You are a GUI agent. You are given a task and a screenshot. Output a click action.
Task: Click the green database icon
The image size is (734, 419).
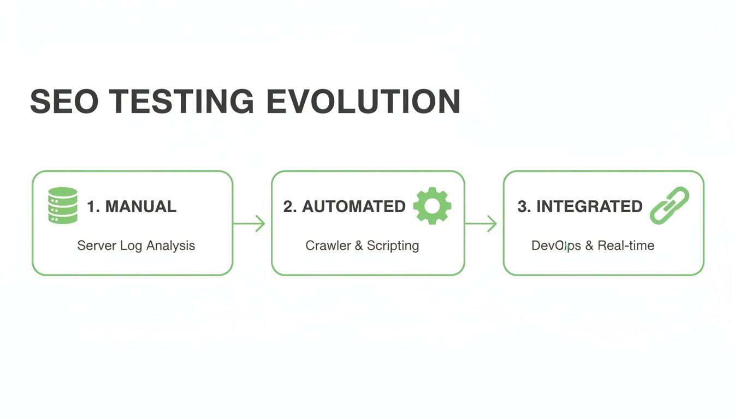tap(63, 205)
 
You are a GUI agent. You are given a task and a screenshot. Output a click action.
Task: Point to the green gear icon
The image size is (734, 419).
tap(432, 205)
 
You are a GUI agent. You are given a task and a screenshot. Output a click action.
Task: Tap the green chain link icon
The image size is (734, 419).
tap(670, 205)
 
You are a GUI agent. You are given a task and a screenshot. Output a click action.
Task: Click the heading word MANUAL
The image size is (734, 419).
tap(141, 207)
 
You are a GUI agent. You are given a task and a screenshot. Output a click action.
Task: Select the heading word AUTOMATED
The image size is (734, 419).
tap(354, 207)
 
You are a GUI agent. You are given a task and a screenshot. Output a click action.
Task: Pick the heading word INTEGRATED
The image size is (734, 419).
tap(589, 207)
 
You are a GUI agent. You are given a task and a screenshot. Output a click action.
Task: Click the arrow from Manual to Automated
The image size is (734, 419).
tap(250, 223)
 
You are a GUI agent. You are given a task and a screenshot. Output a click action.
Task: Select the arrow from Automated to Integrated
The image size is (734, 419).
tap(481, 223)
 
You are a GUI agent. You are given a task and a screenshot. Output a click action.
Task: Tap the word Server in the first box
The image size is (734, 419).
tap(96, 246)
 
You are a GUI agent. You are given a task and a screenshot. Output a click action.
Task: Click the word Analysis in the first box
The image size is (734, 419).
tap(171, 246)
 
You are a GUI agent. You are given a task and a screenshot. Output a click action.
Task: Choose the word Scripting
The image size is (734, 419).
tap(393, 246)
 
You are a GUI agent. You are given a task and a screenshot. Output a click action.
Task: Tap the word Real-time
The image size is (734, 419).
tap(626, 246)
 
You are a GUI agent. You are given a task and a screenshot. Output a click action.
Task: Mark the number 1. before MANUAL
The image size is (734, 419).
tap(93, 207)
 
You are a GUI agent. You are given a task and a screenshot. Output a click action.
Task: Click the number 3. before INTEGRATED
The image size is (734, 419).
tap(524, 207)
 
